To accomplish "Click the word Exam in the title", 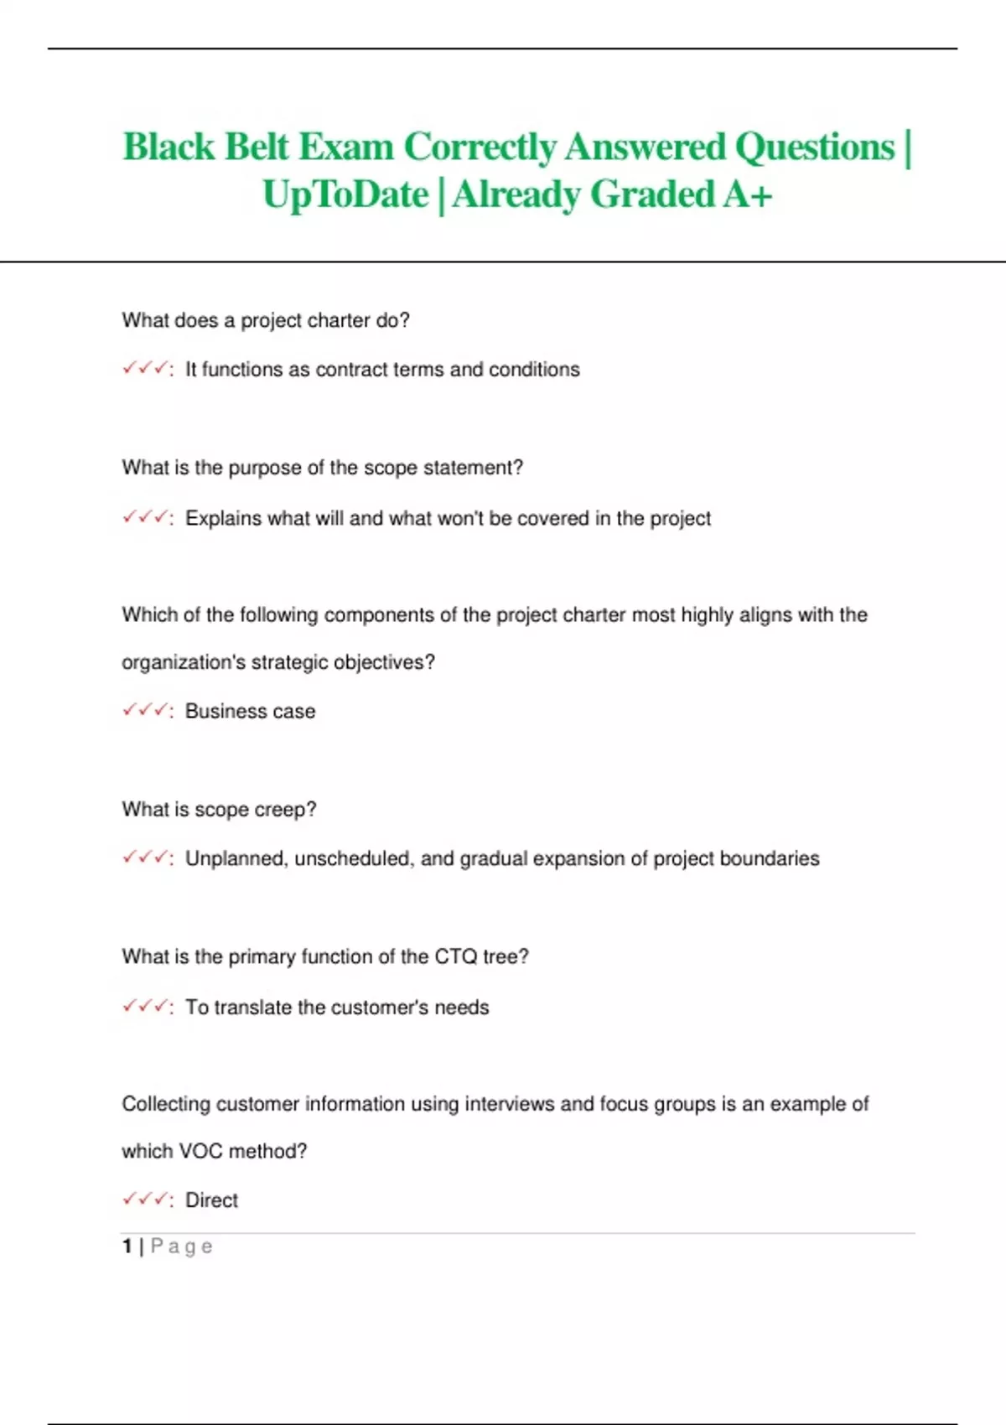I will (x=345, y=148).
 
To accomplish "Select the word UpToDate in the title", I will (x=345, y=195).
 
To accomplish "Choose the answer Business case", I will (x=250, y=712).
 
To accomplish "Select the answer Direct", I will (x=211, y=1200).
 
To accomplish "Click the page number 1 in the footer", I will (x=127, y=1246).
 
